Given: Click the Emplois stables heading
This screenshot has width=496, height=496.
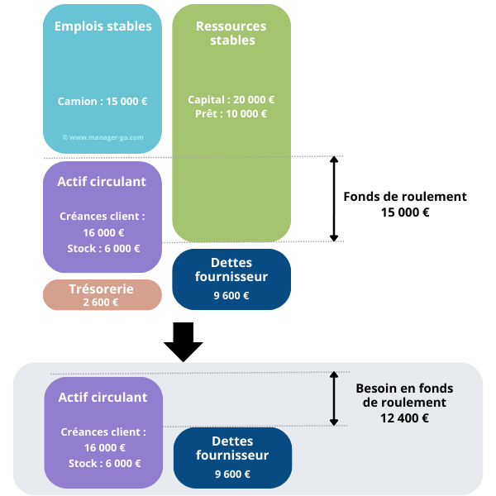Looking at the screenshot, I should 103,26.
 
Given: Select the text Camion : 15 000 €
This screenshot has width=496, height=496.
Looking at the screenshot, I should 103,102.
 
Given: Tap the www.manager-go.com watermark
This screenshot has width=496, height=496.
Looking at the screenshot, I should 103,137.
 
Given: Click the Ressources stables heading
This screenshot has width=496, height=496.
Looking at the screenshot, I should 231,33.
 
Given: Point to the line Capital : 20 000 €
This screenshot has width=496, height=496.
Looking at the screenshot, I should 231,99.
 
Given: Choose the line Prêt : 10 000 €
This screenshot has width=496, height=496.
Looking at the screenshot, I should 231,114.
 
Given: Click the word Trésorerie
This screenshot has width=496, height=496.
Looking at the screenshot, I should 103,289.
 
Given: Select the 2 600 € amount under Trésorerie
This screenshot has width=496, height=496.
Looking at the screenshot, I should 101,303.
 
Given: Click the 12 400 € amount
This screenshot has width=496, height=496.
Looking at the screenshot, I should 404,418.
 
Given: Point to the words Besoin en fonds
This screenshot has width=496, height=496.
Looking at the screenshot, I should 404,388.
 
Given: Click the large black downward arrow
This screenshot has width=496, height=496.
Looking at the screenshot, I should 184,341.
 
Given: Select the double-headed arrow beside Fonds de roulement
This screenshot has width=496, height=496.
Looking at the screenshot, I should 334,198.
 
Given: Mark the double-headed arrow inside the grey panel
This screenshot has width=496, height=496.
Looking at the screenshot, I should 334,398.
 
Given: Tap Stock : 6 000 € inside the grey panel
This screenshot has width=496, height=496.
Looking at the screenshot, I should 104,464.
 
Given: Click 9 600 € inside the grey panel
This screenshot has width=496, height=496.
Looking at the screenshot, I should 232,474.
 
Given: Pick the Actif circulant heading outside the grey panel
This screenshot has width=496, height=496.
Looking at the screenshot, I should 102,182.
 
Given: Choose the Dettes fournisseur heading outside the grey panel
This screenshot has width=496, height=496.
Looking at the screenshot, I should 231,269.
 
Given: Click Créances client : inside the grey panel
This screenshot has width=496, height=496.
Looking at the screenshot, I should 103,432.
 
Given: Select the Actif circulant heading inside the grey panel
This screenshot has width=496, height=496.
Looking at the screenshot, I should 103,398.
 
